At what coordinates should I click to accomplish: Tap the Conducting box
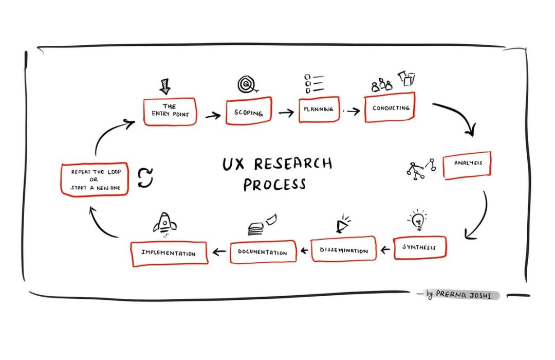(390, 109)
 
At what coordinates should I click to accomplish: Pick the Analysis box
(467, 165)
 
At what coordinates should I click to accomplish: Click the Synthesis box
(419, 247)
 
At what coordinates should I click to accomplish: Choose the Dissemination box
(343, 249)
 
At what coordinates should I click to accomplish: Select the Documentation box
(263, 252)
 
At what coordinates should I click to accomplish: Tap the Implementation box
(169, 253)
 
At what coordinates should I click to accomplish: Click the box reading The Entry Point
(170, 112)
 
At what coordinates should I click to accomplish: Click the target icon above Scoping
(247, 84)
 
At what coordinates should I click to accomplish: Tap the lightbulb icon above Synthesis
(417, 220)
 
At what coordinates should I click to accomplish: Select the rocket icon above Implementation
(164, 224)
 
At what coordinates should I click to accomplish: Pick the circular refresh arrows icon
(145, 178)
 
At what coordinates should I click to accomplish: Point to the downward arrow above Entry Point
(165, 85)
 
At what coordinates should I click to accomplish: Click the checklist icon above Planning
(312, 84)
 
